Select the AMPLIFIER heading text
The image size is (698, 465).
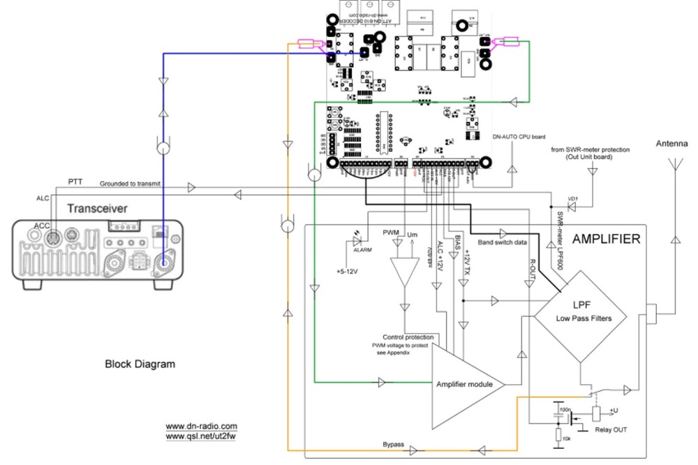(x=605, y=239)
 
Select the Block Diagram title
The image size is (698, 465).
(x=140, y=364)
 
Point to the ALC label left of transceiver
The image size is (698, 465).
(x=43, y=198)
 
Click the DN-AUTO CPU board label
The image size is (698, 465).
(x=518, y=138)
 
